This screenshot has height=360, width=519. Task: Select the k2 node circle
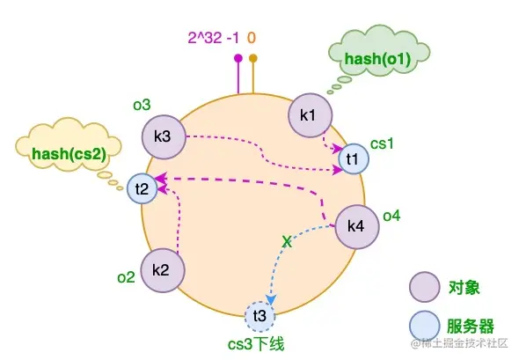160,268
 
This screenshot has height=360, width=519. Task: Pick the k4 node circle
356,226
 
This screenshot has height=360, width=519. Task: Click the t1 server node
352,158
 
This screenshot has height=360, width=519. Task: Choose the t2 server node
142,187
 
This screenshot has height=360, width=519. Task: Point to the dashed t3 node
259,315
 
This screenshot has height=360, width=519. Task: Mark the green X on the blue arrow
285,239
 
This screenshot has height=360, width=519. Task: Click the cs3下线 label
259,344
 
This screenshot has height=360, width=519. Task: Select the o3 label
142,106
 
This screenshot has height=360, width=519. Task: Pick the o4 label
391,215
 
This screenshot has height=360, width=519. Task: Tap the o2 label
126,277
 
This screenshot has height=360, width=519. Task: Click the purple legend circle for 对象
423,287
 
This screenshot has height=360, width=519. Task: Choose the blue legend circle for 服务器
423,320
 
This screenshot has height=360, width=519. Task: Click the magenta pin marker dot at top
238,59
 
